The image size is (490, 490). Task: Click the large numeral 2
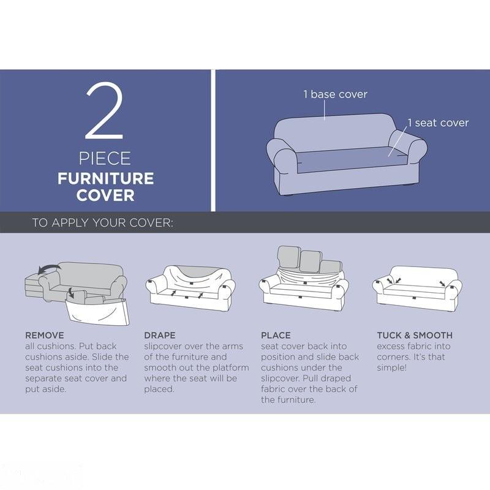[x=105, y=111]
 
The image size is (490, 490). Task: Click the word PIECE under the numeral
[x=105, y=159]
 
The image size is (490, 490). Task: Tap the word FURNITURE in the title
[x=105, y=178]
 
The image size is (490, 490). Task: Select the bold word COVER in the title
[x=105, y=195]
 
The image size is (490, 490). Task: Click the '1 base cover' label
[x=335, y=94]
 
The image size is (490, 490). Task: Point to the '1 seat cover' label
[x=438, y=123]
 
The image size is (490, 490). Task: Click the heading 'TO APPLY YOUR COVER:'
[x=102, y=223]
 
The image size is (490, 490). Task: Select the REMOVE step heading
[x=44, y=335]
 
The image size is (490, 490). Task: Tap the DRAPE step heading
[x=160, y=335]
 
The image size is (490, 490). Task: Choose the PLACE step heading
[x=276, y=335]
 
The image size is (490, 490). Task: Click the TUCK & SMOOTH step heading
[x=415, y=335]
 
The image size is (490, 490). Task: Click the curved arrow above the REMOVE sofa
[x=49, y=268]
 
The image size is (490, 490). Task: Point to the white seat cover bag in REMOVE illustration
[x=99, y=312]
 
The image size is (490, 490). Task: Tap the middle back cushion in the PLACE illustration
[x=311, y=262]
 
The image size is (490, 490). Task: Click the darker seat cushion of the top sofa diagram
[x=352, y=159]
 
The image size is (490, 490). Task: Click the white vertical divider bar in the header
[x=213, y=140]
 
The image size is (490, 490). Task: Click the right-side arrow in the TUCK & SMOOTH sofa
[x=442, y=284]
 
